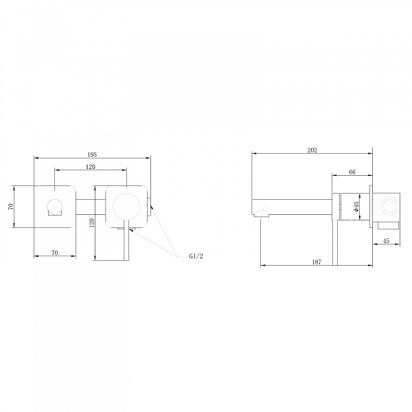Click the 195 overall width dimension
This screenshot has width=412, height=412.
click(x=93, y=154)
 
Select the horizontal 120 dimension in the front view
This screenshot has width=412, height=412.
click(x=91, y=166)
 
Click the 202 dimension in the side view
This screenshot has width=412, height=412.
click(x=312, y=150)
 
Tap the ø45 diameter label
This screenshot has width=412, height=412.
click(x=356, y=206)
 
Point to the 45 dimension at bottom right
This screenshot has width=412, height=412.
click(x=386, y=241)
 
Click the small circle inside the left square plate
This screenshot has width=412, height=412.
click(x=54, y=205)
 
